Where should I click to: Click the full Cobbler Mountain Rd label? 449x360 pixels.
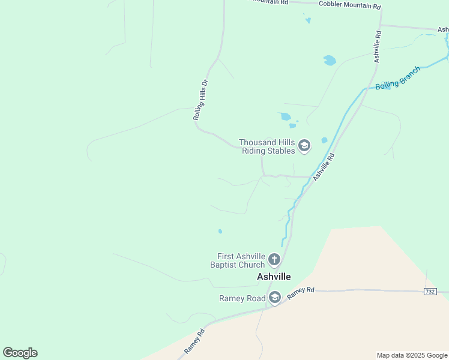350,5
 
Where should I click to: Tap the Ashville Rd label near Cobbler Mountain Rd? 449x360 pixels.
378,47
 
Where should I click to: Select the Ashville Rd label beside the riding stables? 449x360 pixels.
323,167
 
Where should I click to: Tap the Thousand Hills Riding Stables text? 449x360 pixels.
267,146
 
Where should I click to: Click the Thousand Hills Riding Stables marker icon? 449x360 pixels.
304,146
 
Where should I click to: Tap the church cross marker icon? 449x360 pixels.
274,260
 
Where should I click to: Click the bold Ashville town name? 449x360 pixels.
274,277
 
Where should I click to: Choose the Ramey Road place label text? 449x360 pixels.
242,298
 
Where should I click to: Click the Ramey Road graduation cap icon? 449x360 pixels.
275,298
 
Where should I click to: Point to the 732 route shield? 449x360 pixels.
429,292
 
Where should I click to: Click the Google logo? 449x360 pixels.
20,353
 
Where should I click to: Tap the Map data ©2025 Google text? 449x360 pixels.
412,355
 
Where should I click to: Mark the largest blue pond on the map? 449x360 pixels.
330,61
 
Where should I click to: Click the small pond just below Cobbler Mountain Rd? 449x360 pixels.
308,20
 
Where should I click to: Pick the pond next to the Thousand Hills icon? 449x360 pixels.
325,140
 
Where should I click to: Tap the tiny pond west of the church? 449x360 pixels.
220,231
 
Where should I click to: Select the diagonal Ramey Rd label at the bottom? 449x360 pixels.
195,341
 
